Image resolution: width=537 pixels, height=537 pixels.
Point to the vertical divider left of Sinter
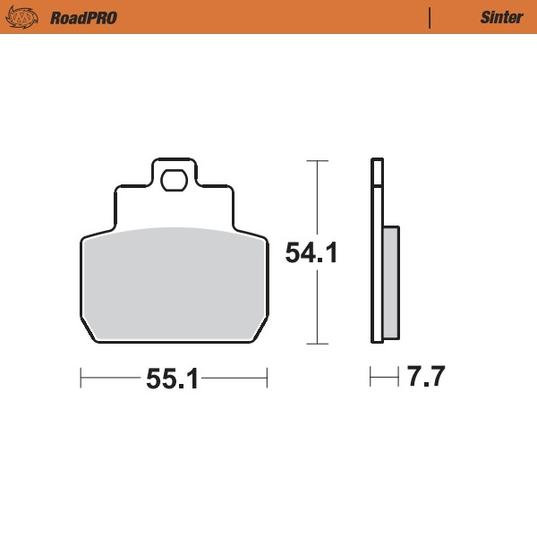(430, 18)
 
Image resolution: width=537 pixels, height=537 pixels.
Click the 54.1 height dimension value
(311, 253)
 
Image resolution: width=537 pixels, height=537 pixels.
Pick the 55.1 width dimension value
(172, 379)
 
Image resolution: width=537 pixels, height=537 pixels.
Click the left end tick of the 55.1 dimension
(81, 379)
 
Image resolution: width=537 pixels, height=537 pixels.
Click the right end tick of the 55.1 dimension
(267, 379)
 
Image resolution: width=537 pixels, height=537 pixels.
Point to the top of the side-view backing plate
(377, 161)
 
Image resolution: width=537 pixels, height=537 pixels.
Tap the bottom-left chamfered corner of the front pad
(89, 333)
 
